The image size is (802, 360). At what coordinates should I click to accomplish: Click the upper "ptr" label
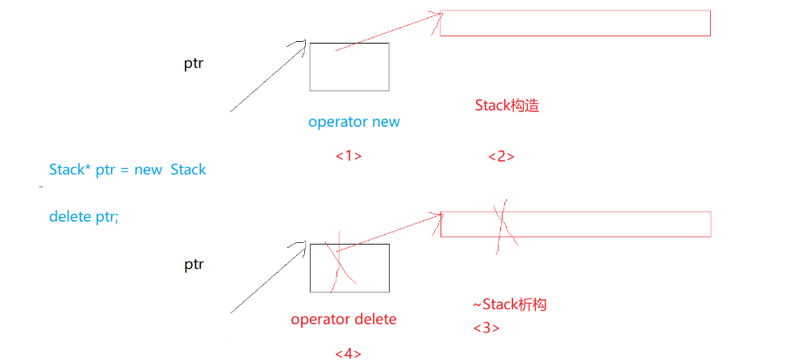point(194,64)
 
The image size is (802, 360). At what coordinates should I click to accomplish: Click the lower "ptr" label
point(194,264)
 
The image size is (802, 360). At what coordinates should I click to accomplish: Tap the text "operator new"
point(353,122)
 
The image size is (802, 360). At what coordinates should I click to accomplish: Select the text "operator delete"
point(344,319)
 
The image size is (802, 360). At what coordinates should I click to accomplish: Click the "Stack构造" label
point(506,106)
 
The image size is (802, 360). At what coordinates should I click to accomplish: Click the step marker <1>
point(348,155)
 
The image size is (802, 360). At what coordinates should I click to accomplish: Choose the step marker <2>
point(501,156)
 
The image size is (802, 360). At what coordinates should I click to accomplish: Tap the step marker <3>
point(486,328)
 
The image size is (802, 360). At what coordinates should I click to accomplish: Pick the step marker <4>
point(348,353)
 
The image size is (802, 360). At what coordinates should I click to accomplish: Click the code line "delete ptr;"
point(84,216)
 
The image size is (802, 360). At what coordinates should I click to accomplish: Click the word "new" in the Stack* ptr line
point(147,170)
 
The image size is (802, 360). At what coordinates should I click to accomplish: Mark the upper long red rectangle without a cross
point(574,23)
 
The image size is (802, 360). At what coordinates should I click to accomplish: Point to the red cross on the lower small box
point(340,263)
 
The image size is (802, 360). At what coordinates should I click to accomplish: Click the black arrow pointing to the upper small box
point(266,77)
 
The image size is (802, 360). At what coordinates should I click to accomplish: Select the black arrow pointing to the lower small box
point(266,278)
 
